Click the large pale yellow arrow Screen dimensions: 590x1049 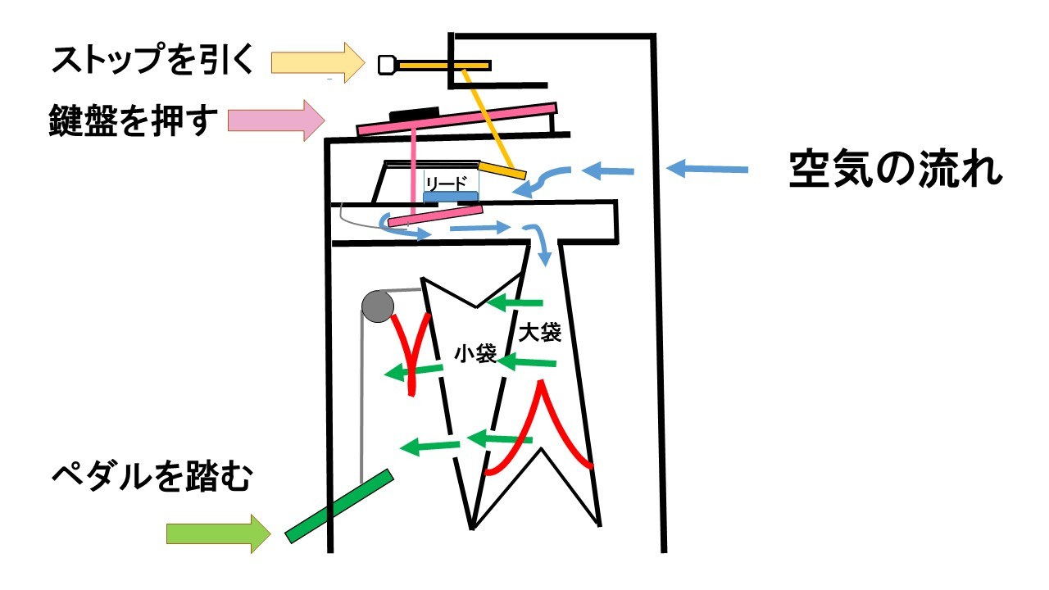click(316, 62)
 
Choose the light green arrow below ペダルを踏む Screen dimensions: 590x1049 click(217, 534)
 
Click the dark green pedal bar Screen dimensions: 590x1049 click(338, 506)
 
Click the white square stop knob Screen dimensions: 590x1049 click(386, 65)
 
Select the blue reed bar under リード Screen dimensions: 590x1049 click(451, 197)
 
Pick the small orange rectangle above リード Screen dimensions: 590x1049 click(502, 170)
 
